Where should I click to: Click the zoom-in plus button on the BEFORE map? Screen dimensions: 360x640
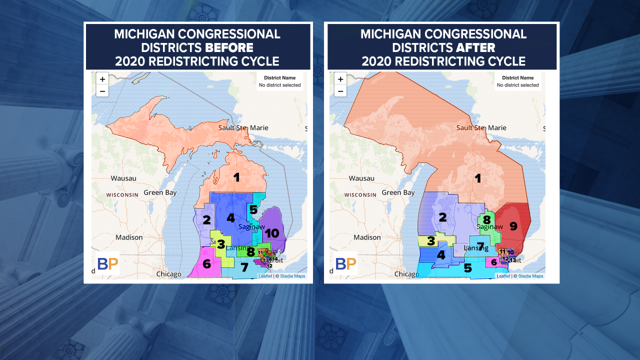point(102,79)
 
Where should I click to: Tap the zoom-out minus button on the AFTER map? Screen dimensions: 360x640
point(340,91)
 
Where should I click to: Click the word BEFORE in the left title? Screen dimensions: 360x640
point(228,48)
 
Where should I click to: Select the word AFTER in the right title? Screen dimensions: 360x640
point(475,48)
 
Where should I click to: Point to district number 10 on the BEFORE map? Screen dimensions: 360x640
point(271,233)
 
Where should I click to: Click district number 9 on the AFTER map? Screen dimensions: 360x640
point(513,226)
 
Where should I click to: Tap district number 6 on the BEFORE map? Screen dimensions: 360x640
point(206,263)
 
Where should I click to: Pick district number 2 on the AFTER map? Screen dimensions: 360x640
point(442,217)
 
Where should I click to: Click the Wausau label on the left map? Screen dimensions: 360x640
point(123,178)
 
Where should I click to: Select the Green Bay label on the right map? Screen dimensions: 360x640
point(398,192)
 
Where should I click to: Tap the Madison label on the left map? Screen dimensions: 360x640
point(128,237)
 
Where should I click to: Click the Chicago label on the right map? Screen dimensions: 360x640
point(406,274)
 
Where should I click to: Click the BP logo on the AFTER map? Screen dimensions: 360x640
point(345,263)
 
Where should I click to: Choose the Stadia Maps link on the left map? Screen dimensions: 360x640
point(292,276)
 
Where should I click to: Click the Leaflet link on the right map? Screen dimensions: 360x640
point(503,276)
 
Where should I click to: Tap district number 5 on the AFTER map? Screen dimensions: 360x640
point(467,268)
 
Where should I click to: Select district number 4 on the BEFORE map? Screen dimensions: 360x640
point(230,218)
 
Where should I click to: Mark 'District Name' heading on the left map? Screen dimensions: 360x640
point(279,78)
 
